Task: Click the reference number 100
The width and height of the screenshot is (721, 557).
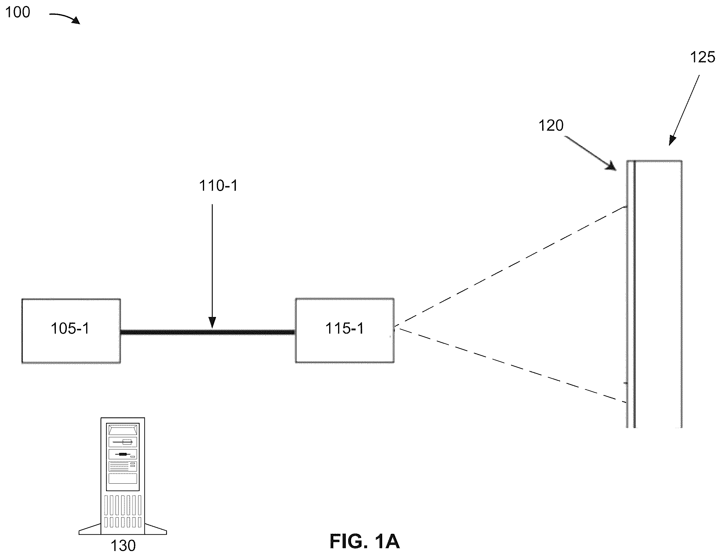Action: click(x=18, y=12)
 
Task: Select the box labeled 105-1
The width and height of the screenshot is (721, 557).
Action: click(x=71, y=331)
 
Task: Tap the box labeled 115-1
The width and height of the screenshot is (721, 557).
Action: click(x=345, y=331)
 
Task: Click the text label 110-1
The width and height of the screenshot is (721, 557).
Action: click(x=218, y=186)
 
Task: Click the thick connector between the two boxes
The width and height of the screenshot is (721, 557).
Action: click(x=208, y=332)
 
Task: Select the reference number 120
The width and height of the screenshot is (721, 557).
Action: click(x=551, y=125)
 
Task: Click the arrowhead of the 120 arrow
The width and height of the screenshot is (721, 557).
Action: click(x=611, y=166)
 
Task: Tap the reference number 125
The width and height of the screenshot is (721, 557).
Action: click(x=703, y=57)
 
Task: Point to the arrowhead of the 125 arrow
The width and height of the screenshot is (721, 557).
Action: click(x=672, y=140)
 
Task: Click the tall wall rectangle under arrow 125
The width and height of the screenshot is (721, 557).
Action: click(x=658, y=294)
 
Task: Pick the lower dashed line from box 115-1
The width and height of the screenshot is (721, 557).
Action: click(x=510, y=365)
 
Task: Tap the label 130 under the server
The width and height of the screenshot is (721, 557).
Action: click(x=123, y=546)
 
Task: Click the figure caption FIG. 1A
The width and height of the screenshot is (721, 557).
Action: click(x=365, y=542)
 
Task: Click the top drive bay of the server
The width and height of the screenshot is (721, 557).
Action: click(x=123, y=430)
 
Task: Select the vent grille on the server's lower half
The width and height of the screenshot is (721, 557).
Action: click(x=123, y=511)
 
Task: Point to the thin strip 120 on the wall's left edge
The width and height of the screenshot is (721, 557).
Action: click(x=630, y=294)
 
